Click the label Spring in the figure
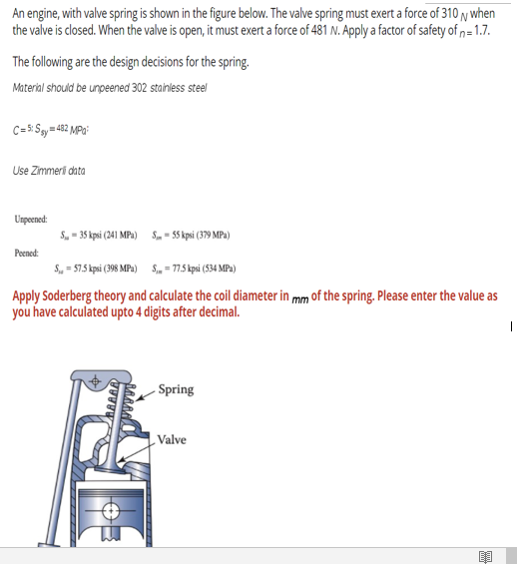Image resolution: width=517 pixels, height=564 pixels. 176,389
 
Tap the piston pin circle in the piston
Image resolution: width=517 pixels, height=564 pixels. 111,515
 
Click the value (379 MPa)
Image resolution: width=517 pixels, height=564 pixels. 211,235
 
